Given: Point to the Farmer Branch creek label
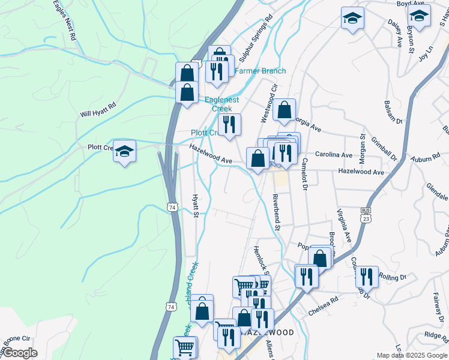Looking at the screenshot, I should click(x=260, y=71).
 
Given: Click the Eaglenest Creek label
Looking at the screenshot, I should click(x=218, y=104).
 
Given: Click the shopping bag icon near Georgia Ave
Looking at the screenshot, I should click(x=284, y=110).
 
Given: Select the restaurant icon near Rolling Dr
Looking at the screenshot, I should click(x=367, y=277).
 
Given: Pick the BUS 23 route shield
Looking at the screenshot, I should click(x=366, y=215).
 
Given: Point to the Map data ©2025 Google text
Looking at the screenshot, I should click(x=411, y=355).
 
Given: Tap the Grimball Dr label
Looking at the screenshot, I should click(x=385, y=149).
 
